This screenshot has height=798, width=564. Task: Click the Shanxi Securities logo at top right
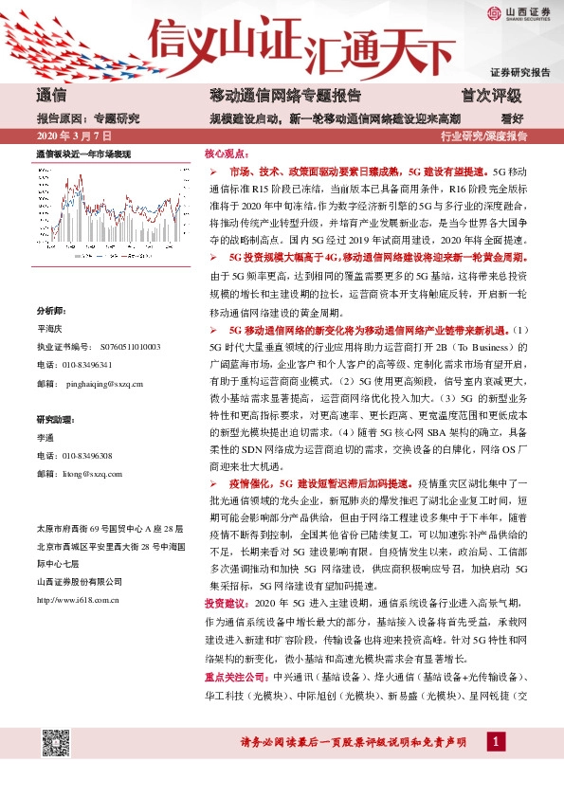(x=519, y=12)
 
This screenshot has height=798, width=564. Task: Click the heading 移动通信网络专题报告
(x=284, y=96)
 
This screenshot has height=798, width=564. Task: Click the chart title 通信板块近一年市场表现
(x=83, y=153)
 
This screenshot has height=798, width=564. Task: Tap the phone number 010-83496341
(x=88, y=365)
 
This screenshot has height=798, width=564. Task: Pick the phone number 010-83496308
(x=88, y=456)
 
